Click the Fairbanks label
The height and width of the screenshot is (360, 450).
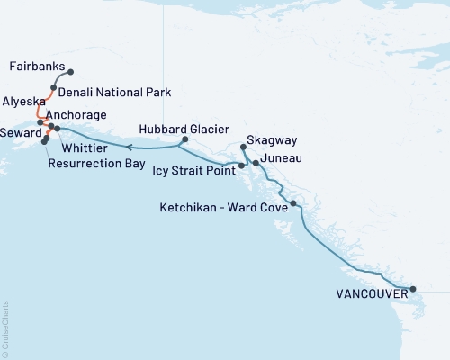(x=34, y=67)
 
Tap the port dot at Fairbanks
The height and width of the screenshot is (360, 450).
(x=71, y=72)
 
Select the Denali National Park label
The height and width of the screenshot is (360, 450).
(x=114, y=92)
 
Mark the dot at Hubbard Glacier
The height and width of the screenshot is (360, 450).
(x=184, y=139)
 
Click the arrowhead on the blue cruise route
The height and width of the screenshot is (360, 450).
(x=128, y=145)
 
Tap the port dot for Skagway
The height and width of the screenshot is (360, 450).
(x=244, y=147)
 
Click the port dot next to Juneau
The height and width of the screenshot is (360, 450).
(x=256, y=163)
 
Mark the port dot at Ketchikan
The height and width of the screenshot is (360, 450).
(x=293, y=204)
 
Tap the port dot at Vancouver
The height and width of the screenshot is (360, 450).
(x=413, y=290)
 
